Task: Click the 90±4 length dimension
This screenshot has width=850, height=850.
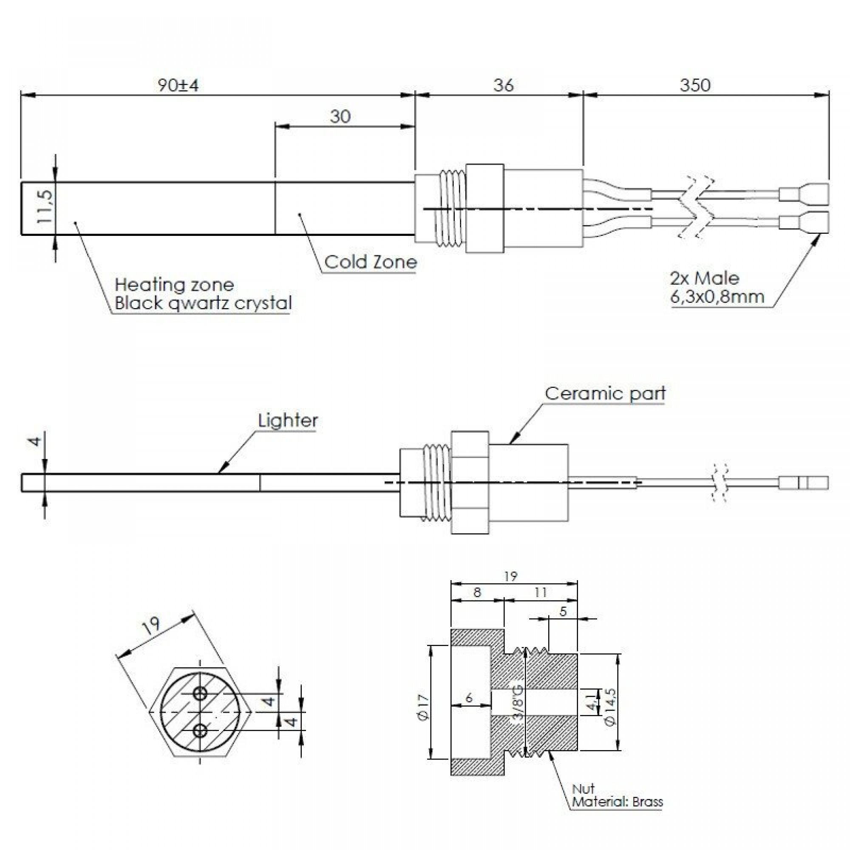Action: tap(178, 85)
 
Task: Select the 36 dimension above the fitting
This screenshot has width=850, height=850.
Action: tap(503, 85)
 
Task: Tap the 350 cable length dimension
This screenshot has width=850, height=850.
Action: tap(695, 85)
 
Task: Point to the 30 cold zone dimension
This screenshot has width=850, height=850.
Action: tap(340, 116)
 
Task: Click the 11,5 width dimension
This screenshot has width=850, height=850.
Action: tap(45, 207)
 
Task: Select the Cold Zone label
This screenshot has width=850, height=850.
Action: tap(371, 262)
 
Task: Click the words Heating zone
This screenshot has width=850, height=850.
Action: tap(174, 285)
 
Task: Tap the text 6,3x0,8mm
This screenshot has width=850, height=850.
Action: tap(717, 297)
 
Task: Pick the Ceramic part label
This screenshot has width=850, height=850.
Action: tap(605, 393)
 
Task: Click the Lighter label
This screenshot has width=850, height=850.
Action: tap(288, 421)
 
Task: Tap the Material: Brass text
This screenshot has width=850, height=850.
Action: tap(617, 802)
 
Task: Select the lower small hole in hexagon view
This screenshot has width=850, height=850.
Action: tap(200, 731)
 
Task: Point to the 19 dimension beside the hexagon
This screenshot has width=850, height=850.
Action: tap(152, 625)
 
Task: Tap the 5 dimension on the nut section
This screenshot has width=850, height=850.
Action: tap(563, 611)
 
